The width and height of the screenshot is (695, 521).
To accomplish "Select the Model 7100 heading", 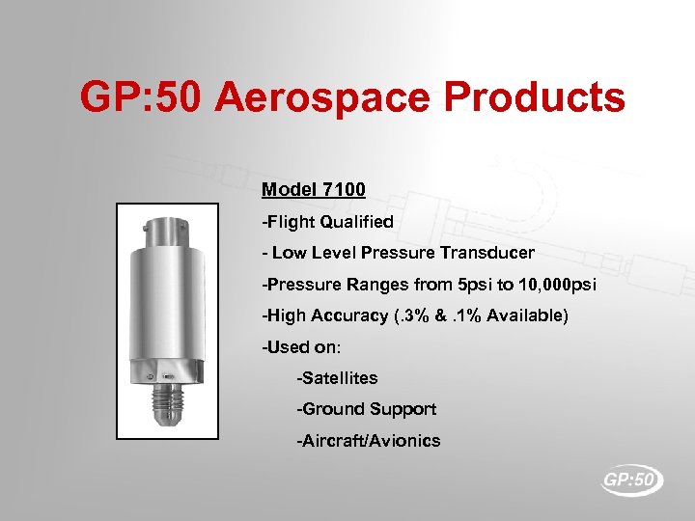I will pos(314,190).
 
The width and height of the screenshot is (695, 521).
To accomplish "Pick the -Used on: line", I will pos(294,347).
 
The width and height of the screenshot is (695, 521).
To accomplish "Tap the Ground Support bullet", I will pos(366,409).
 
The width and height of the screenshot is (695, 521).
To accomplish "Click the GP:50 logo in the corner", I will pos(631,480).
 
